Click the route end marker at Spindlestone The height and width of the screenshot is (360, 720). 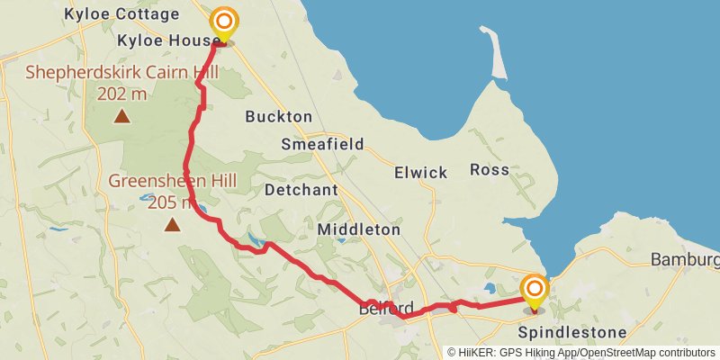[x=535, y=290]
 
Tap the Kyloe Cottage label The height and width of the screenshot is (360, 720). [x=122, y=15]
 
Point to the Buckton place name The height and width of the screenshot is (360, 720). [x=278, y=117]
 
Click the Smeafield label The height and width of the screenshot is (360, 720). [x=322, y=144]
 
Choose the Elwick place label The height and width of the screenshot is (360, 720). [x=420, y=171]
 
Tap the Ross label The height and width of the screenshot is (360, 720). [x=489, y=169]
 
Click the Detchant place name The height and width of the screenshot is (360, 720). [x=301, y=190]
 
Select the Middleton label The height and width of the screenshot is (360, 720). [x=358, y=230]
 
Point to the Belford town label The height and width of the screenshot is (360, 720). [x=386, y=308]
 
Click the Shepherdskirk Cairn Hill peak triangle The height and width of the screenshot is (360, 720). [x=121, y=116]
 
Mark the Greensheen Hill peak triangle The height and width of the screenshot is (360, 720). [x=172, y=224]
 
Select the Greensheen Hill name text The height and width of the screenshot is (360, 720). [x=172, y=181]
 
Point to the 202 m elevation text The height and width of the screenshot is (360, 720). [x=121, y=92]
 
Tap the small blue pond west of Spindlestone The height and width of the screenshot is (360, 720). [x=490, y=289]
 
